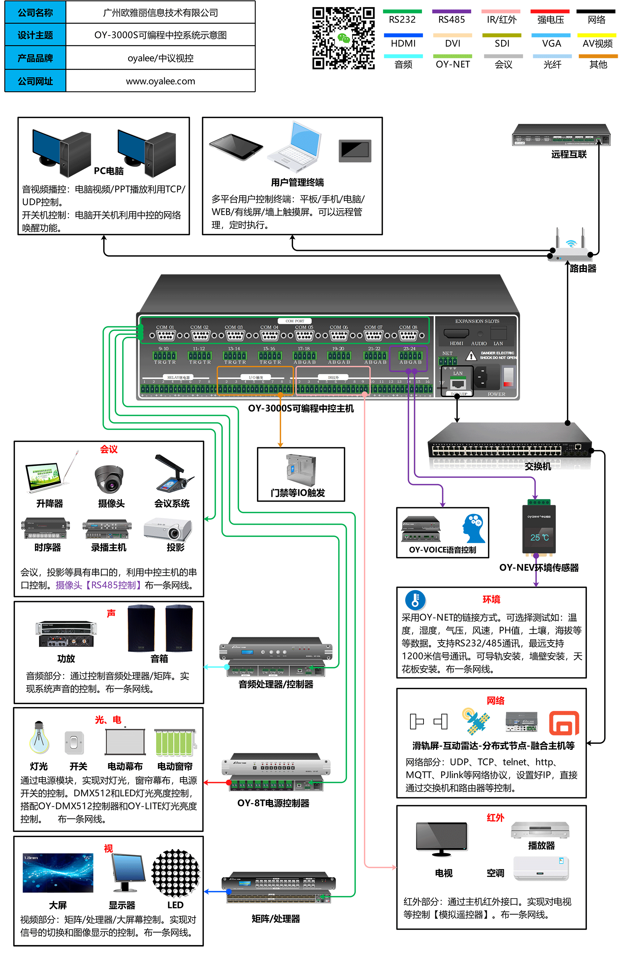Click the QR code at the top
click(x=343, y=38)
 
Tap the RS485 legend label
click(x=452, y=19)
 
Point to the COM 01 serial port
click(x=166, y=335)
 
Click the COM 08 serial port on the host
click(x=408, y=335)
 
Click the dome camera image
click(x=109, y=479)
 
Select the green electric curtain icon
click(x=174, y=743)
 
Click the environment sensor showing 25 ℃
click(x=539, y=528)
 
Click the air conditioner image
click(x=541, y=868)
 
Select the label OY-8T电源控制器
click(x=273, y=803)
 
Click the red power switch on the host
click(x=508, y=377)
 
